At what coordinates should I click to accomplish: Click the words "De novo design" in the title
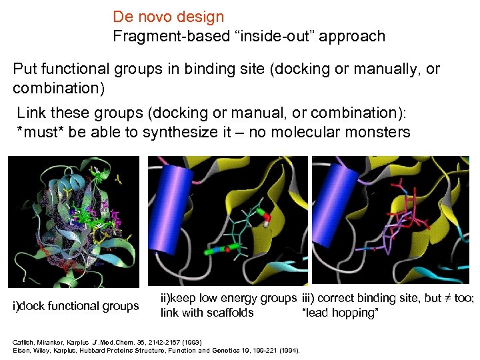[168, 17]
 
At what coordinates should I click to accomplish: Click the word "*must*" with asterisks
[40, 131]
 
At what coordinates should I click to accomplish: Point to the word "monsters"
[377, 131]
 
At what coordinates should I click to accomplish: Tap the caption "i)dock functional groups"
[76, 306]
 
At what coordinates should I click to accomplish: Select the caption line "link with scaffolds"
[207, 313]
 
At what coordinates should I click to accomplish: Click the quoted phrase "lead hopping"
[340, 313]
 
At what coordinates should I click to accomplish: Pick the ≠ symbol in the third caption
[447, 299]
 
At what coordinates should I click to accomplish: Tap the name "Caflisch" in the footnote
[24, 342]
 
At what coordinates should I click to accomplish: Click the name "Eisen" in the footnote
[21, 350]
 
